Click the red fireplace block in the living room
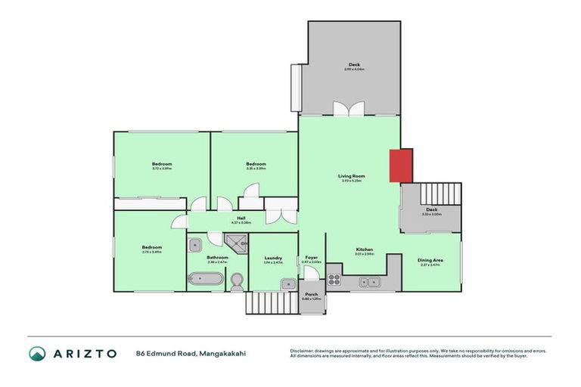[x=401, y=166]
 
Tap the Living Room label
[x=350, y=176]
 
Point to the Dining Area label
[x=430, y=260]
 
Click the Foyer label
[x=311, y=258]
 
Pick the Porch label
[x=311, y=294]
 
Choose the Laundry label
[x=273, y=258]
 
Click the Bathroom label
[x=217, y=257]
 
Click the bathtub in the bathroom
[x=205, y=279]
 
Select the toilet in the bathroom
[x=236, y=281]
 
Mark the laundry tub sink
[x=288, y=283]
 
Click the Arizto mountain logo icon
[x=37, y=353]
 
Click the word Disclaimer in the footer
[x=303, y=351]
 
